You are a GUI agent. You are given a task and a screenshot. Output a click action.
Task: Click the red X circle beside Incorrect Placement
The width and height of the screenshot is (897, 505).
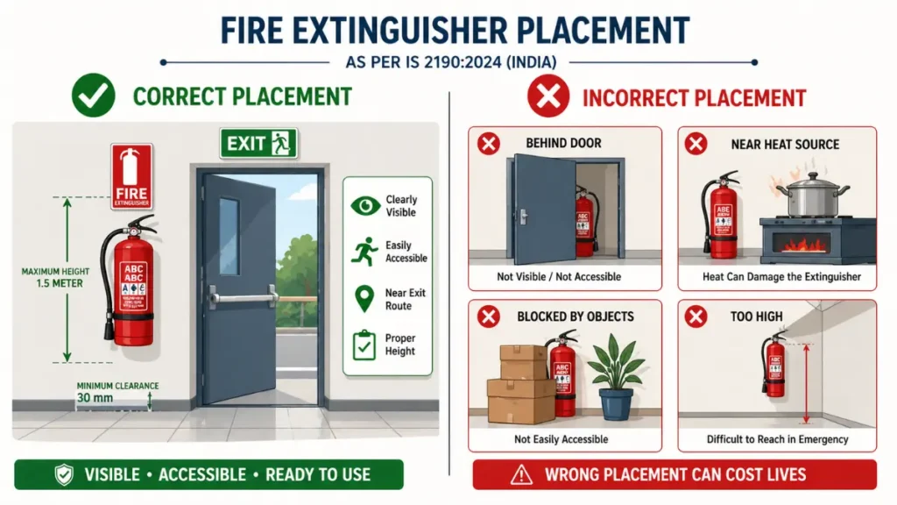pos(548,96)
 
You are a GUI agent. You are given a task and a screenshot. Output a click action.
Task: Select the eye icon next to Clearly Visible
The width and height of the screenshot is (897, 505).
pos(361,206)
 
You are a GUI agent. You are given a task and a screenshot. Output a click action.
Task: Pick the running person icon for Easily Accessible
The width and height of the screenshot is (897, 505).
pos(361,252)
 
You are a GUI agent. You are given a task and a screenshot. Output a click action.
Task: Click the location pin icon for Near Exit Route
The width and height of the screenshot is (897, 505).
pos(361,298)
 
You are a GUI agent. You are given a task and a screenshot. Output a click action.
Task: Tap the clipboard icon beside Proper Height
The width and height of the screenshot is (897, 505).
pos(361,345)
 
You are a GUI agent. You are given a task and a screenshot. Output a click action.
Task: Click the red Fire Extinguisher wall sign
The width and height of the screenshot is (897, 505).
pos(131,176)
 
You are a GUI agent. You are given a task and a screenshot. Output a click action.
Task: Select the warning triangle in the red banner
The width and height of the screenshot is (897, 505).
pos(521,475)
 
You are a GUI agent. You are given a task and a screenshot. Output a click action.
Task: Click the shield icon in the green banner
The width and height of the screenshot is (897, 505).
pos(63,475)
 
